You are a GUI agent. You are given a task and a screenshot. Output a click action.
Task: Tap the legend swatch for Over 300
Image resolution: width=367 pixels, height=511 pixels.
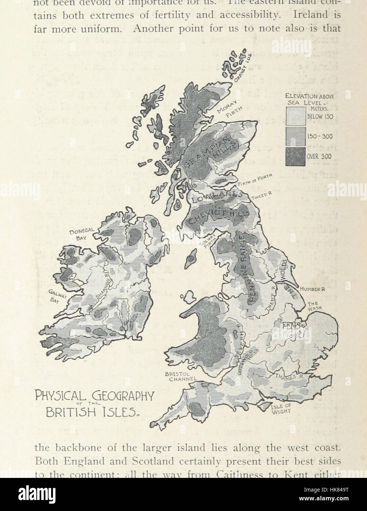tap(295, 156)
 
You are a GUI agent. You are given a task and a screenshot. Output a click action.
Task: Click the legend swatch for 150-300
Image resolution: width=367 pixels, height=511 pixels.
tap(295, 136)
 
